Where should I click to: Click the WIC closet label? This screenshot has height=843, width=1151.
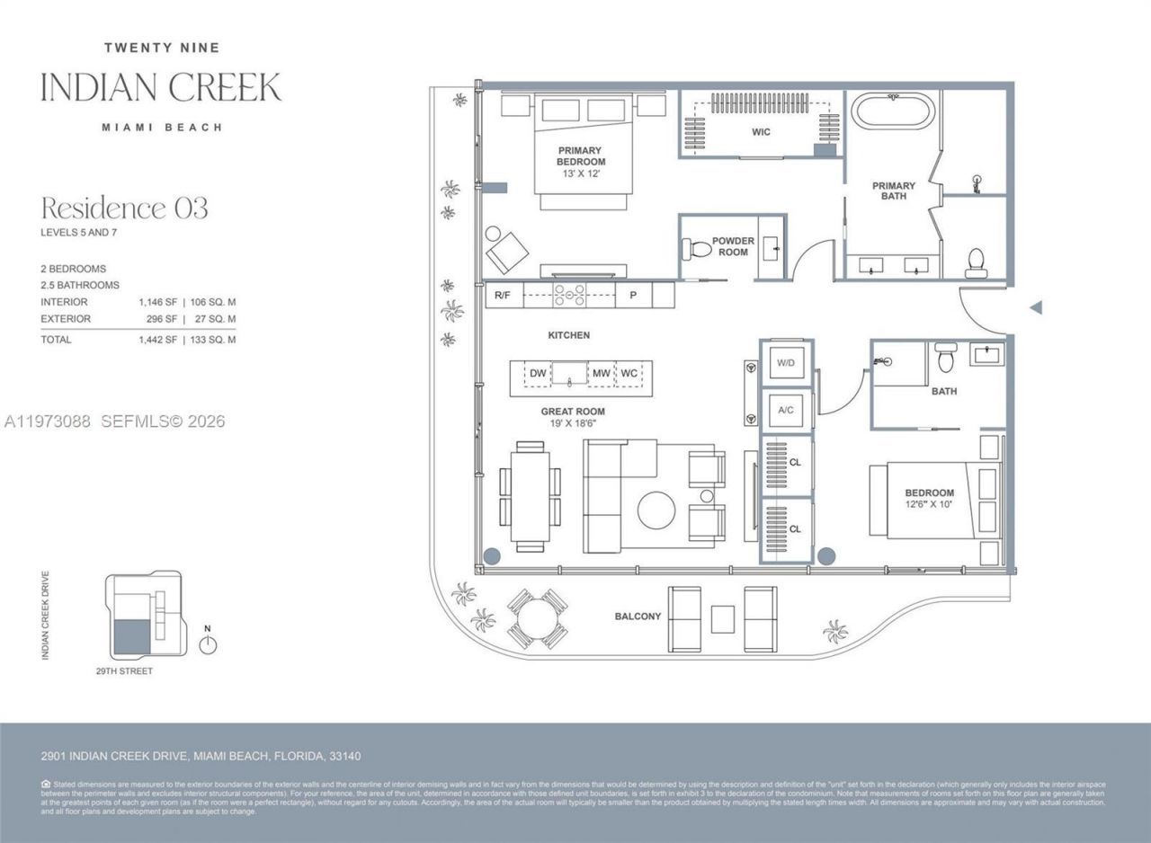(761, 132)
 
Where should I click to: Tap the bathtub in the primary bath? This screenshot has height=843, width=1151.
(894, 112)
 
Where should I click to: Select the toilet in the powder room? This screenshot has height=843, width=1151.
(696, 246)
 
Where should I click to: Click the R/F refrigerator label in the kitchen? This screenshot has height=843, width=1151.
(504, 295)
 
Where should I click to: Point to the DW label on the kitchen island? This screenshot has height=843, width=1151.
(538, 373)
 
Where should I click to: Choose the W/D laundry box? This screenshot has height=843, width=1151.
(785, 363)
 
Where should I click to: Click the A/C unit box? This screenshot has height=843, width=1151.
(785, 410)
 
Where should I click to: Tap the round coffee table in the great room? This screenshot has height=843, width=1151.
(656, 510)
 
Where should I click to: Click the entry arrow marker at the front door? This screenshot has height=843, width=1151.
(1035, 307)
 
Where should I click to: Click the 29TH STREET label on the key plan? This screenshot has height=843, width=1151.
(124, 671)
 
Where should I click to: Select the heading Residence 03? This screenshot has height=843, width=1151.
(124, 209)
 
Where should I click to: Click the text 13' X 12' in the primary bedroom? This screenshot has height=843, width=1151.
(580, 173)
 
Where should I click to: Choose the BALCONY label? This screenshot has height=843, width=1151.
(638, 617)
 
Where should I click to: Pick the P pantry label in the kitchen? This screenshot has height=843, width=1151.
(633, 295)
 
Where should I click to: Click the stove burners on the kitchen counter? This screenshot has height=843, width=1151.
(568, 295)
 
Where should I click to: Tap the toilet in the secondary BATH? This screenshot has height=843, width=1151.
(944, 359)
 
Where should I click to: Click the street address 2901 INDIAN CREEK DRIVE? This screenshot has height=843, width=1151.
(201, 757)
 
